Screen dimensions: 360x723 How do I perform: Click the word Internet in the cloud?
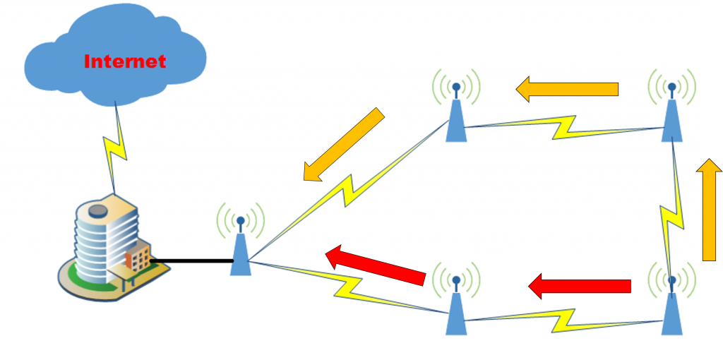click(x=125, y=61)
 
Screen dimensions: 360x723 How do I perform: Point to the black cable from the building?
click(x=191, y=261)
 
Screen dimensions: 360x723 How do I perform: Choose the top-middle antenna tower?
click(x=456, y=116)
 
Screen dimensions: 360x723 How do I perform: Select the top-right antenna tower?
click(x=671, y=116)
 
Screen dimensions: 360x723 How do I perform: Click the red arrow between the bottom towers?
click(x=580, y=286)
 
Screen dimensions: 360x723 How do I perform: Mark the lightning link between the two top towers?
click(x=565, y=127)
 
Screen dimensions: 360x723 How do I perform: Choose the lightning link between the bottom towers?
click(x=565, y=320)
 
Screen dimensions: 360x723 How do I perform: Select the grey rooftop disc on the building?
click(x=97, y=209)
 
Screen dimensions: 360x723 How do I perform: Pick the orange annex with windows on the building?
click(x=139, y=257)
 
